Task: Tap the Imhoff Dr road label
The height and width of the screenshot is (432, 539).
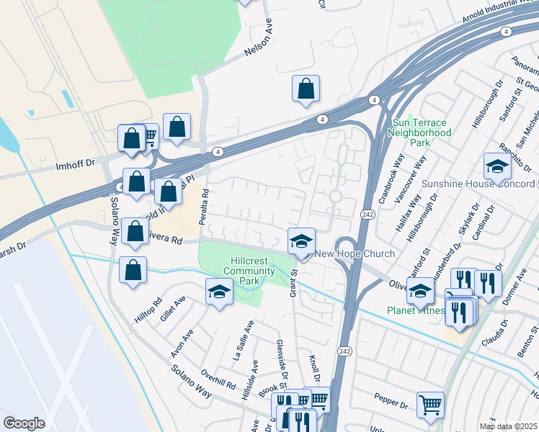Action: (76, 165)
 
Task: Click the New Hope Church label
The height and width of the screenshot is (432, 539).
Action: (355, 253)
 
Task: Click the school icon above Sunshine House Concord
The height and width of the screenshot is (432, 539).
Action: (497, 166)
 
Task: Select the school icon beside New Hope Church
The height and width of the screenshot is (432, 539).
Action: (302, 241)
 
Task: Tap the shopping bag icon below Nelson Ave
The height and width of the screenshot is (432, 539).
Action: (306, 89)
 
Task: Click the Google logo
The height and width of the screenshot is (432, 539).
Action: (24, 423)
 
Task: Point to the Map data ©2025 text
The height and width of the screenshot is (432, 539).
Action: (508, 426)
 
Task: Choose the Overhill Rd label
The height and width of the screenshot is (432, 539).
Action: (219, 379)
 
